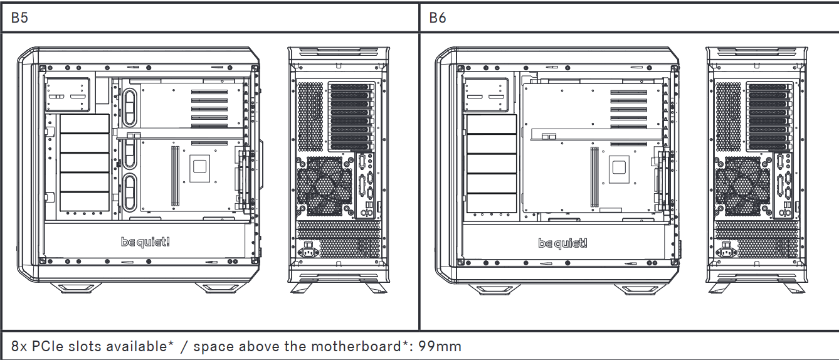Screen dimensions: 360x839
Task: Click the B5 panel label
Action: click(x=19, y=18)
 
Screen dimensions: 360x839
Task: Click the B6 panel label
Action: click(x=438, y=18)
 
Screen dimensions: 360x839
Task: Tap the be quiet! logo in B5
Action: click(x=145, y=242)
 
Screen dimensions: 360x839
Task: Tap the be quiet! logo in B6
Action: click(x=563, y=243)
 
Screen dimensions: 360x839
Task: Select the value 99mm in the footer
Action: click(x=440, y=346)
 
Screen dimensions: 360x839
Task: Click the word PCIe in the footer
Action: click(x=51, y=346)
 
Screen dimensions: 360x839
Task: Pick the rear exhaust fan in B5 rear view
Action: click(x=324, y=184)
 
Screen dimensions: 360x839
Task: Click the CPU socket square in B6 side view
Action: click(x=618, y=168)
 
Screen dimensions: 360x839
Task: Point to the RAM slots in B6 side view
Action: click(x=593, y=177)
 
